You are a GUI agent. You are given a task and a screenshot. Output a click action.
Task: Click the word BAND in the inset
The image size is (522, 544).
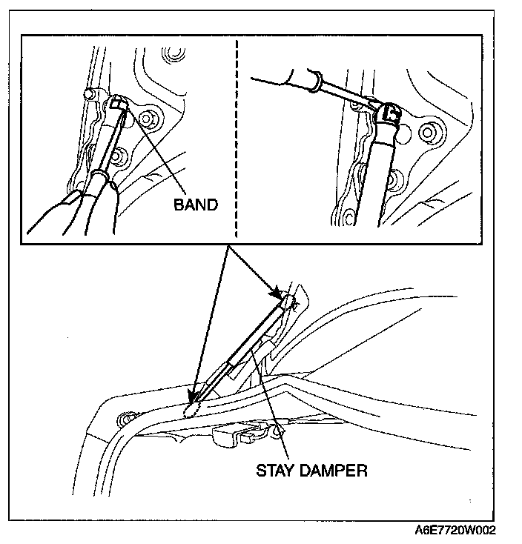click(x=196, y=205)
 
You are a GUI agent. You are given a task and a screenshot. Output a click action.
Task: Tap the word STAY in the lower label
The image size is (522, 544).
click(x=274, y=470)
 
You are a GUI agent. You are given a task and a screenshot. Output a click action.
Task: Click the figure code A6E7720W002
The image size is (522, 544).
click(x=455, y=531)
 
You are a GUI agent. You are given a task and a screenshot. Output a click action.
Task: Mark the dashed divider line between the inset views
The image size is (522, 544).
click(x=237, y=133)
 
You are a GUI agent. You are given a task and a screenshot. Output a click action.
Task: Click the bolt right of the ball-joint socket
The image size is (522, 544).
click(x=427, y=131)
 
